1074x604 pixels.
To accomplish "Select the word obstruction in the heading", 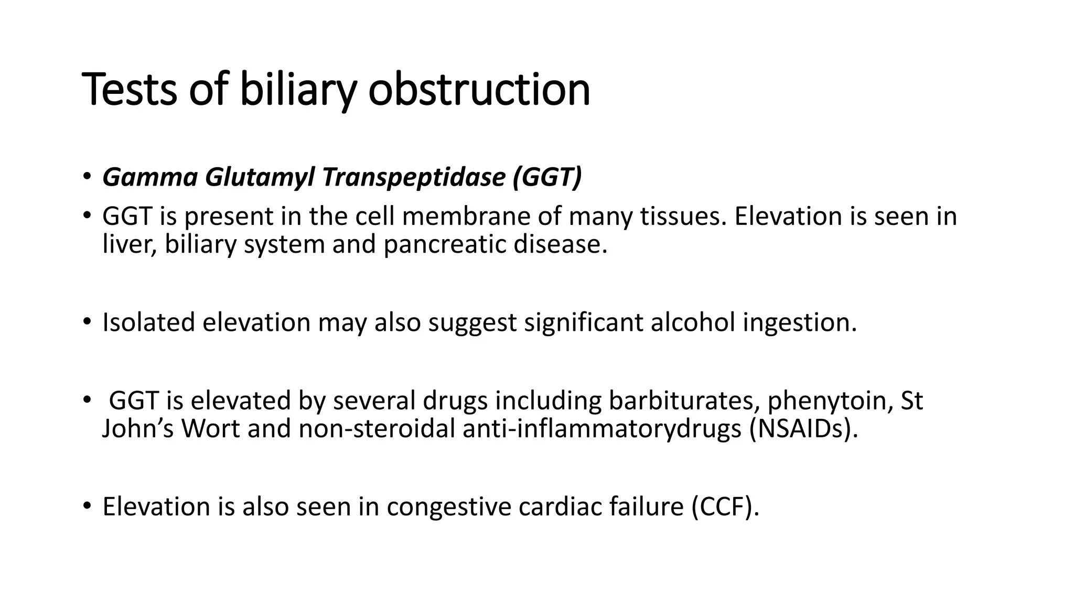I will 479,90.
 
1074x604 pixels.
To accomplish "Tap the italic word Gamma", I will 150,177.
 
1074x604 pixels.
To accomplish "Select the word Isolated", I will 148,322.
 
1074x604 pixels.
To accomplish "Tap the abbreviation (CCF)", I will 725,507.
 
